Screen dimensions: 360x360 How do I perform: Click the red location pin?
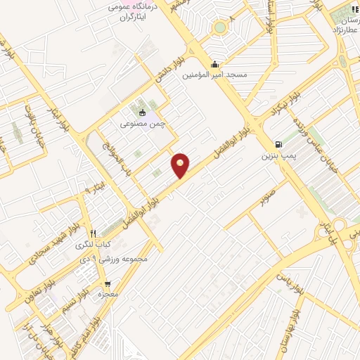(x=181, y=165)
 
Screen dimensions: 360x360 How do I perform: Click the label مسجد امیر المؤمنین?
(x=214, y=74)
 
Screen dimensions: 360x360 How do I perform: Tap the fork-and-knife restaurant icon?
(x=93, y=233)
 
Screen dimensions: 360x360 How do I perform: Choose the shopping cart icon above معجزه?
(x=106, y=283)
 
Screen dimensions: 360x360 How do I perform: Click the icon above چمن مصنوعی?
(x=143, y=112)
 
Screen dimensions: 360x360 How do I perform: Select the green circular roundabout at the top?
(x=221, y=27)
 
